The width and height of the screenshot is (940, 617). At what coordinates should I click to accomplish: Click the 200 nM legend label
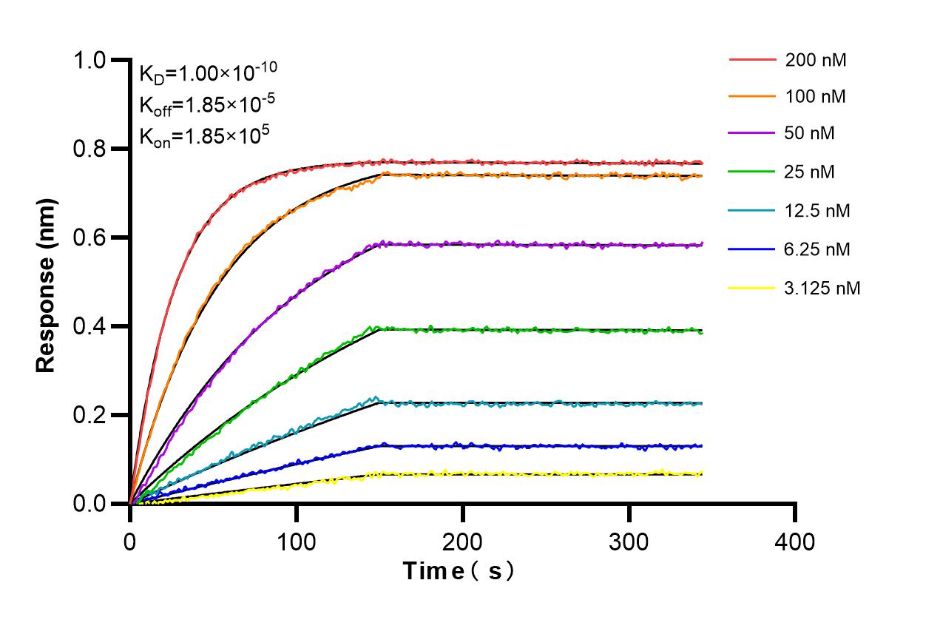click(816, 60)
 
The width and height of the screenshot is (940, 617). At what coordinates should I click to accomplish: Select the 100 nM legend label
click(816, 96)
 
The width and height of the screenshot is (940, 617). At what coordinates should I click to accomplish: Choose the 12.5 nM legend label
click(818, 211)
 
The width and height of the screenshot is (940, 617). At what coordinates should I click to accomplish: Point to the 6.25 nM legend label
click(818, 249)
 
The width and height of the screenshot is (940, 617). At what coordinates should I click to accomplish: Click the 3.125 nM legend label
click(822, 288)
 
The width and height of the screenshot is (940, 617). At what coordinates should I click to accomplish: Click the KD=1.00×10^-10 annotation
click(208, 73)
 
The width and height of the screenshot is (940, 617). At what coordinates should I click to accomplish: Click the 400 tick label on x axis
click(795, 542)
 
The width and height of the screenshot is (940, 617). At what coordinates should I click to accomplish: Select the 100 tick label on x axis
click(296, 542)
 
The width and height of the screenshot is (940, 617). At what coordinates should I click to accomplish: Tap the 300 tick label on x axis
click(629, 542)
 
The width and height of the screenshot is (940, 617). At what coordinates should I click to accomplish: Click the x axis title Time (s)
click(458, 571)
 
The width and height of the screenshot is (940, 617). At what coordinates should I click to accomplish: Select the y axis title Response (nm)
click(46, 284)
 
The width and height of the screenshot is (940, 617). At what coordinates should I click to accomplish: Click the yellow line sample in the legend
click(752, 288)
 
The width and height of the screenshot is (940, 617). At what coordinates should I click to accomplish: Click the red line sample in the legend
click(752, 60)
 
